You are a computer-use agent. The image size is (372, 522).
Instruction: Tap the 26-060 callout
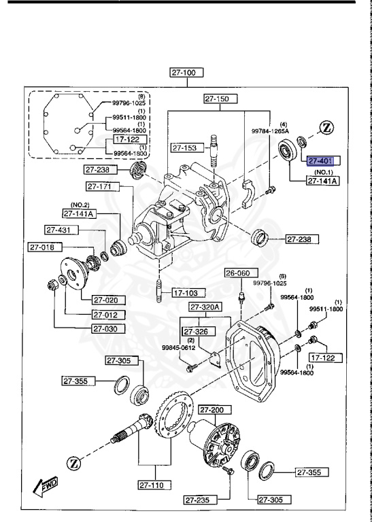point(239,273)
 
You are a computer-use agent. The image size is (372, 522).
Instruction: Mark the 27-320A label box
point(206,307)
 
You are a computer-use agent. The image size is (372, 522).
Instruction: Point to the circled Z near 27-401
point(326,127)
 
